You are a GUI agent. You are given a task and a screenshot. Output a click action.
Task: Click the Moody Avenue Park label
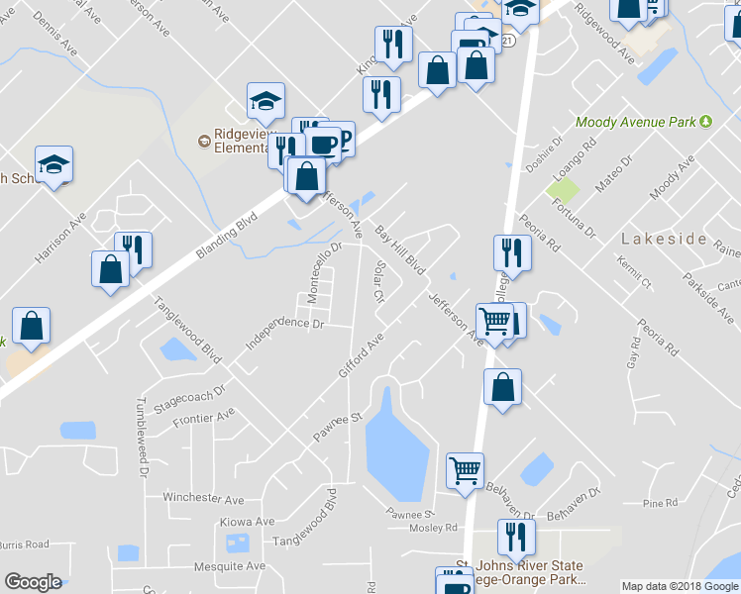[636, 123]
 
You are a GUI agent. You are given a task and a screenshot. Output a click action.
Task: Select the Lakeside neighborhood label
[663, 240]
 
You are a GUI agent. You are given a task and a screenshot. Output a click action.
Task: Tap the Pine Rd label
[652, 504]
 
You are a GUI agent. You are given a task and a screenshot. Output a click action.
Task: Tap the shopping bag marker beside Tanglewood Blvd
[110, 268]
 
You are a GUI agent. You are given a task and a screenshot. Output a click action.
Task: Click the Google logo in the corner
[33, 582]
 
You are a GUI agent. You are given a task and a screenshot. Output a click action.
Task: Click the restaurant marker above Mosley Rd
[516, 537]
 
